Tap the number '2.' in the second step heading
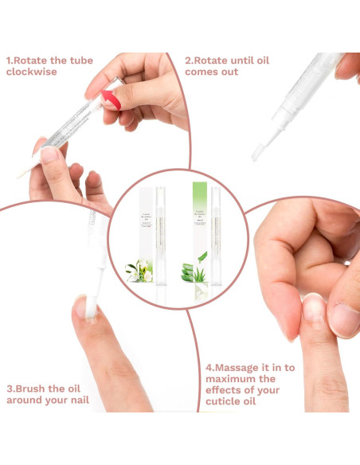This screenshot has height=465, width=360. point(190,61)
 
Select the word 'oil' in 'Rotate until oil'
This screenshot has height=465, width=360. point(276,61)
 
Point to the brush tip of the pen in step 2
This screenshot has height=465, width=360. point(257,150)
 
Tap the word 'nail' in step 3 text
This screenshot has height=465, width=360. point(76,400)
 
